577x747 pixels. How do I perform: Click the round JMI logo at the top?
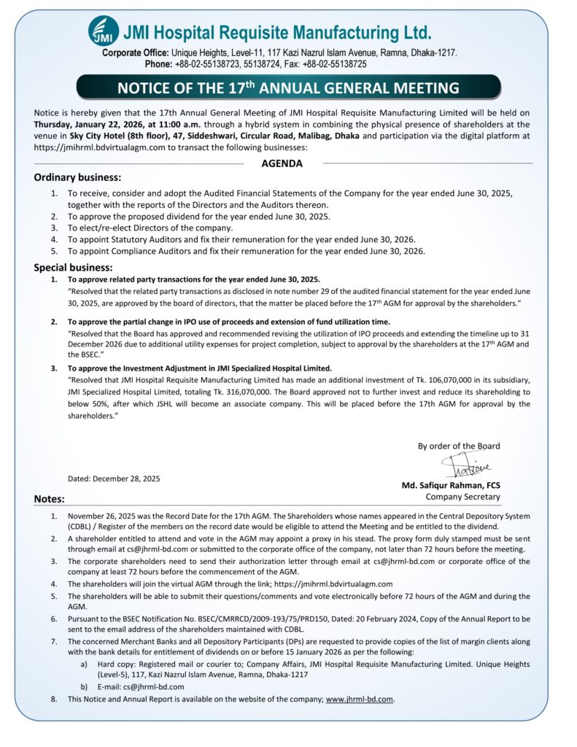103,31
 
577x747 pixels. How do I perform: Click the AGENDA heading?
282,163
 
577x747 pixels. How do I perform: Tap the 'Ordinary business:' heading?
77,177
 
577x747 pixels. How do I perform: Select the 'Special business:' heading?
73,267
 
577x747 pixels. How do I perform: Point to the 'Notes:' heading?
50,499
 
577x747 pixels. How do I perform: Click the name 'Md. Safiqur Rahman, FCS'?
451,485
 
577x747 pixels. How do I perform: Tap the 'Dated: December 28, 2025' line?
114,479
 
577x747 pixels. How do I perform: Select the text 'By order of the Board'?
459,446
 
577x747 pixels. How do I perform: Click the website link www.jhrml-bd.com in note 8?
360,699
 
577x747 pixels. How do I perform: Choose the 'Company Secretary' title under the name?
463,497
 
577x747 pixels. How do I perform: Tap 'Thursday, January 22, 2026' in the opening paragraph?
96,124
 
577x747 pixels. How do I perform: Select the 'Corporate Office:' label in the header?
135,53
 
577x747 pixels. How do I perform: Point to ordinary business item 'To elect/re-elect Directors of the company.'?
150,228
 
